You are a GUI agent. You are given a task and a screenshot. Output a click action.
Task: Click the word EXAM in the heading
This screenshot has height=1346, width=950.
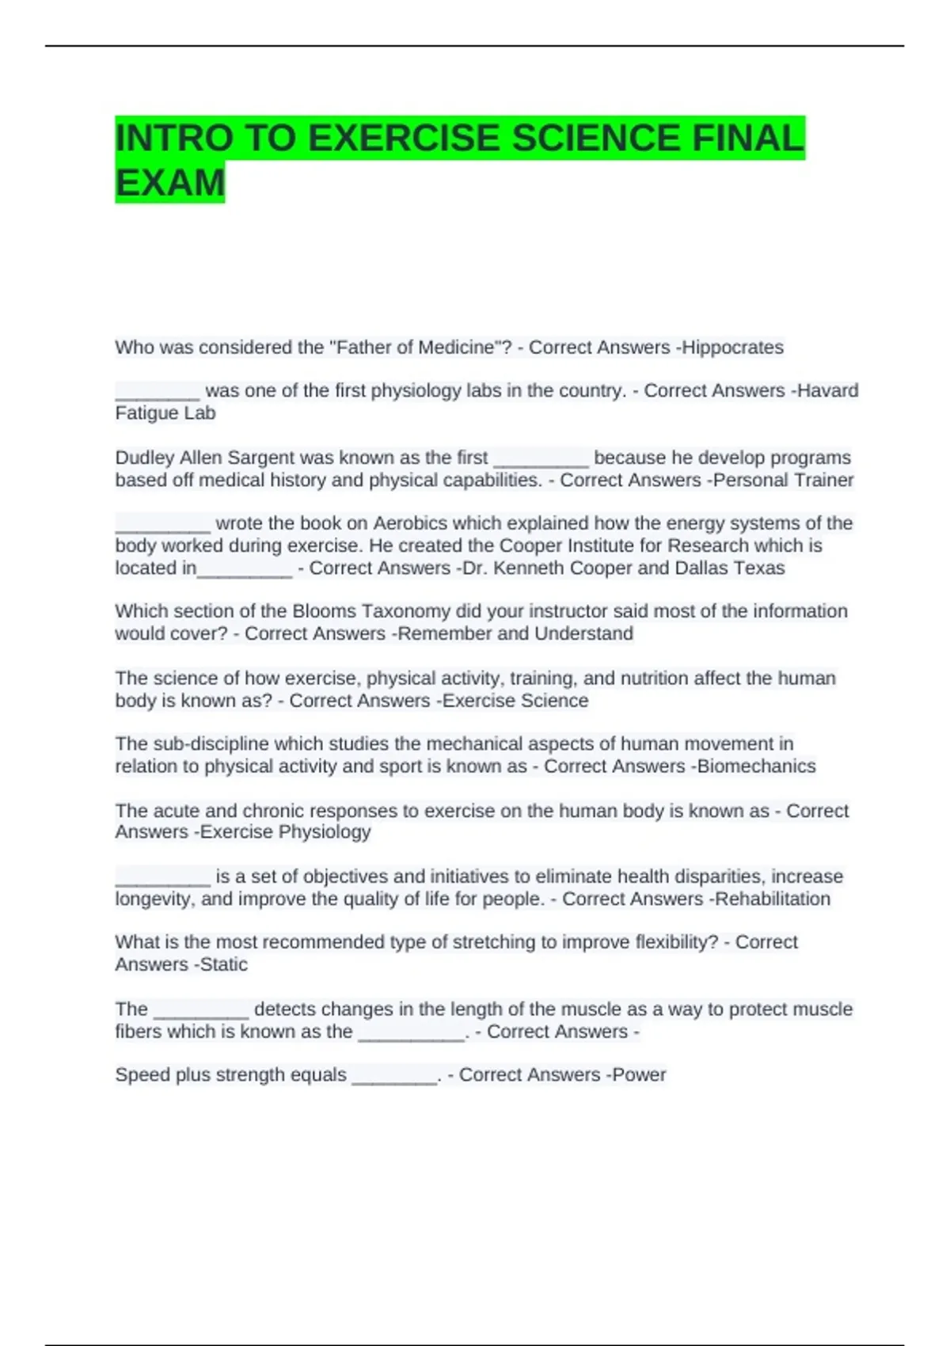(170, 183)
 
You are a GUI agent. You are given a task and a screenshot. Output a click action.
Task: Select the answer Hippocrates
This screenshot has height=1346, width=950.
(732, 348)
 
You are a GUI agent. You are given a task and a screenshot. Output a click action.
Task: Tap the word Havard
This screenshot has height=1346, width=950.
(827, 391)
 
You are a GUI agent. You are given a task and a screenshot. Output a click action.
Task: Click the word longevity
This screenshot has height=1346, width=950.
(154, 899)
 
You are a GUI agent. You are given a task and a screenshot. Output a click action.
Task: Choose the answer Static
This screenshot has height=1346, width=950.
(224, 964)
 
